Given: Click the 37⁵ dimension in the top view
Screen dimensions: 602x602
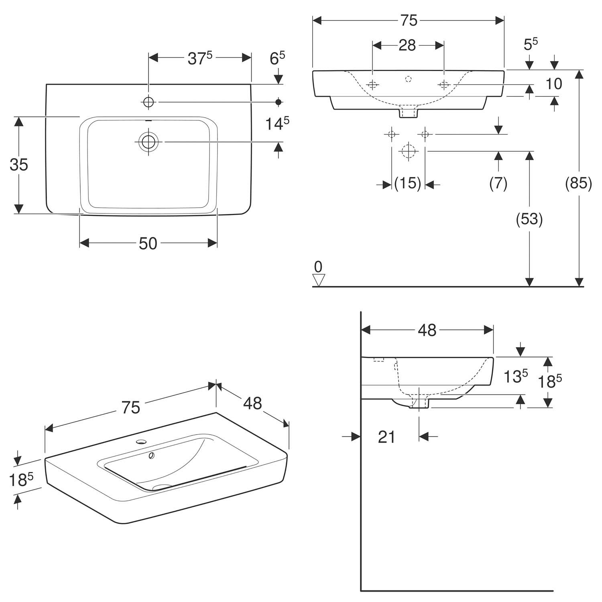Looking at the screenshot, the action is (199, 58).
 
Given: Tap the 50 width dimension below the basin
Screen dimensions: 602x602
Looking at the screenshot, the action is (148, 243).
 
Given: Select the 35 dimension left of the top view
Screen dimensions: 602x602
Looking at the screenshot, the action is (19, 165).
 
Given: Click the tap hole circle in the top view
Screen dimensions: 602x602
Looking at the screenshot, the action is (149, 102).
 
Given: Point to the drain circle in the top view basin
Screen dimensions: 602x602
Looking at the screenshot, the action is (148, 142).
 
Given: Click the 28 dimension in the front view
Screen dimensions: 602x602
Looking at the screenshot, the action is (407, 45).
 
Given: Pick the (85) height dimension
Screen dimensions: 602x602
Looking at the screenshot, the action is (578, 183).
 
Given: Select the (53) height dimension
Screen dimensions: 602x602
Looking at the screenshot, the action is (529, 219).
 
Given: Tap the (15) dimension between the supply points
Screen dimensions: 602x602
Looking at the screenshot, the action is (408, 184).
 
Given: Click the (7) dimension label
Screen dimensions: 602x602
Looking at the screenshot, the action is (498, 183).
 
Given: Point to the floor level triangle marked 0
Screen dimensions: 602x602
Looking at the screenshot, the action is (319, 280).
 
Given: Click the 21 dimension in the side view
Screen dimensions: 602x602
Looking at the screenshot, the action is (386, 437).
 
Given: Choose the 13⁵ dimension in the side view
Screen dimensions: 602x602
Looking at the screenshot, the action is (516, 376).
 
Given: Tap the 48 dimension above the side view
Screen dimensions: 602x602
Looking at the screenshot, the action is (427, 330).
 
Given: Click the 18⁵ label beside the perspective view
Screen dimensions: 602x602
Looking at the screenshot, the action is (22, 479).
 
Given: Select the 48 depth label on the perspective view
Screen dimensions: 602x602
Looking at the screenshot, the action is (252, 403).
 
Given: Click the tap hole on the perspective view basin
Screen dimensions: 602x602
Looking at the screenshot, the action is (141, 442).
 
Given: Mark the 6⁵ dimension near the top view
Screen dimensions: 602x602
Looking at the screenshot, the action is (277, 58).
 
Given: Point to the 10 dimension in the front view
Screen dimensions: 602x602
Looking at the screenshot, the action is (554, 84).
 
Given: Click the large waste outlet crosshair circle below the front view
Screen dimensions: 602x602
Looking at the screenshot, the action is (408, 151).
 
